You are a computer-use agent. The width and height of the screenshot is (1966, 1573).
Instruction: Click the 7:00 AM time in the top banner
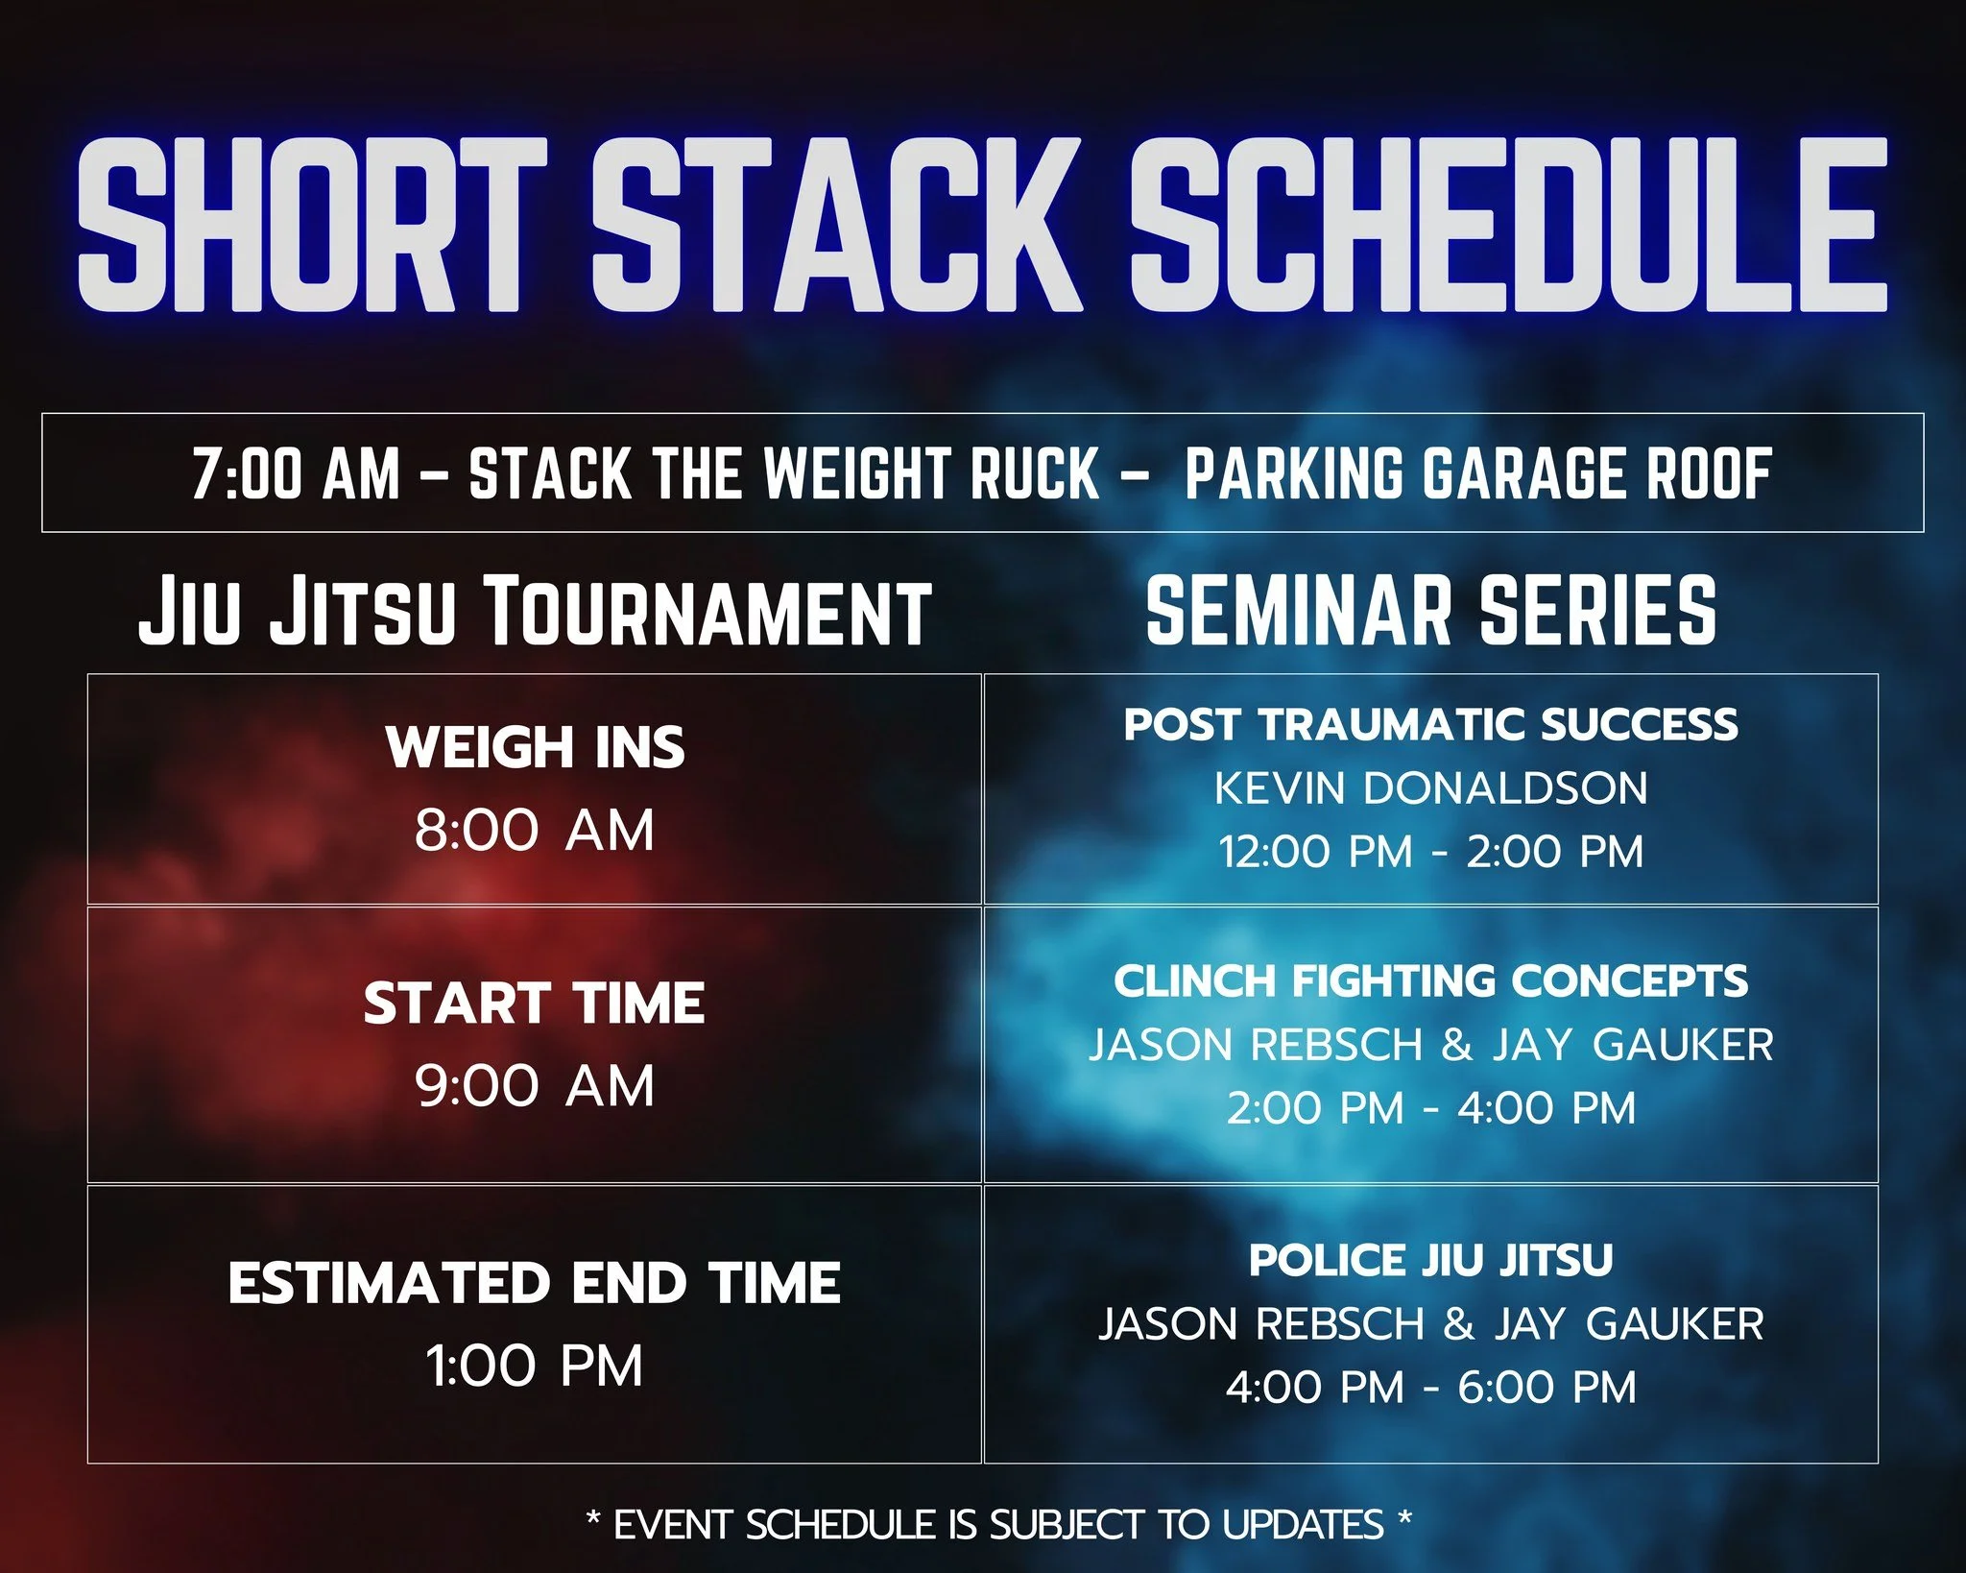click(x=296, y=473)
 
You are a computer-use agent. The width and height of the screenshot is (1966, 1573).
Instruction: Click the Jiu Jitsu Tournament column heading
click(x=535, y=611)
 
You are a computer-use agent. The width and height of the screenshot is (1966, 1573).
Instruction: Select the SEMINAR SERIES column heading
click(x=1430, y=611)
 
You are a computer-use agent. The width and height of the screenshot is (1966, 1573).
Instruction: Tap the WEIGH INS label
click(x=535, y=747)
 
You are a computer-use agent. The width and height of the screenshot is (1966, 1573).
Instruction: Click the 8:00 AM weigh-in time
click(x=535, y=830)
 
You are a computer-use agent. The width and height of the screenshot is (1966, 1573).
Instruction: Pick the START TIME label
click(x=535, y=1004)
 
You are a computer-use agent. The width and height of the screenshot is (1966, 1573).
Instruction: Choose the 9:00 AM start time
click(x=535, y=1086)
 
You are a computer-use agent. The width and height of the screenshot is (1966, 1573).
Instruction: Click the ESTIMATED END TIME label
click(x=535, y=1283)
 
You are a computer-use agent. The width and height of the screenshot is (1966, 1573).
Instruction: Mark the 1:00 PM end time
click(x=535, y=1366)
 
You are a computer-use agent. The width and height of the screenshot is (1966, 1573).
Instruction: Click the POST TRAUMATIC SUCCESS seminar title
click(x=1430, y=724)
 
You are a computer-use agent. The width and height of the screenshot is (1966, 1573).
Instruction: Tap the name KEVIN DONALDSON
click(x=1430, y=788)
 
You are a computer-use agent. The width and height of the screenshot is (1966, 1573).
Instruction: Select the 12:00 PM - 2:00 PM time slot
click(x=1430, y=852)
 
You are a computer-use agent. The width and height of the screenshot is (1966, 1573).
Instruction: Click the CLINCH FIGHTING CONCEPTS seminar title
click(x=1430, y=980)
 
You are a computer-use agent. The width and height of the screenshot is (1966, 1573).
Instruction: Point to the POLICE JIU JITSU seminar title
click(x=1430, y=1260)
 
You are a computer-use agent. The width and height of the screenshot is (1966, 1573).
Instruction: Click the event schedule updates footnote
click(x=998, y=1524)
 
